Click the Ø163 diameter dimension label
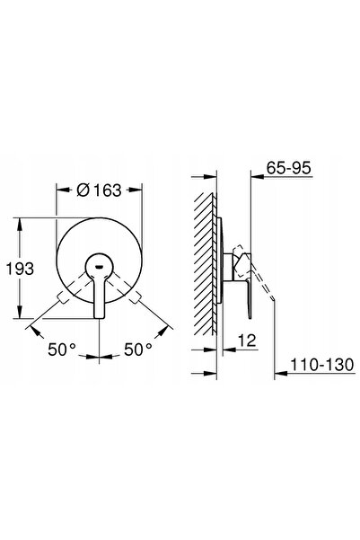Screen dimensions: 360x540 coord(99,190)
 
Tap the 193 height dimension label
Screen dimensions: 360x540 coord(20,269)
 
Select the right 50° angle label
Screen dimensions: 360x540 coord(138,350)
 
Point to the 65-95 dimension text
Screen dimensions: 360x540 coord(288,168)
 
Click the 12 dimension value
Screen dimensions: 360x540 coord(247,341)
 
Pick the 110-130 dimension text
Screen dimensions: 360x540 coord(322,365)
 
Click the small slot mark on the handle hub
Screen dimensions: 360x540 coord(99,266)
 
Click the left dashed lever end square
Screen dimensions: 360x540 coord(62,297)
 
